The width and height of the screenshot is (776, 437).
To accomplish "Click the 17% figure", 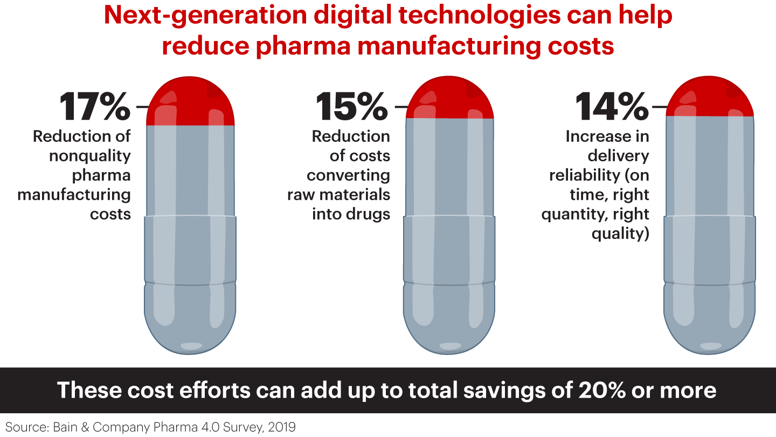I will pyautogui.click(x=95, y=107).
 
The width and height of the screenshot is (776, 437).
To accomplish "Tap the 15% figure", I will pyautogui.click(x=351, y=107).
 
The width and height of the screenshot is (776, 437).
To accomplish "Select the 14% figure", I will pyautogui.click(x=612, y=107).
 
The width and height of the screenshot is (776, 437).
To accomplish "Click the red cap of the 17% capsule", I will pyautogui.click(x=190, y=103).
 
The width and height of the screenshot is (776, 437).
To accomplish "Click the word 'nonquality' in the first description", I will pyautogui.click(x=90, y=156).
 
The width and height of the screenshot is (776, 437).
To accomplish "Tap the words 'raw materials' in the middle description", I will pyautogui.click(x=338, y=195).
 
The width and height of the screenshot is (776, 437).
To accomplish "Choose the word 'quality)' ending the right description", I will pyautogui.click(x=620, y=234).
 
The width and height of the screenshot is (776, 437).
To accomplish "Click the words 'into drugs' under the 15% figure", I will pyautogui.click(x=351, y=214).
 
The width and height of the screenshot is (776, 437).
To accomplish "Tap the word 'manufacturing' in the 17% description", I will pyautogui.click(x=74, y=195).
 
